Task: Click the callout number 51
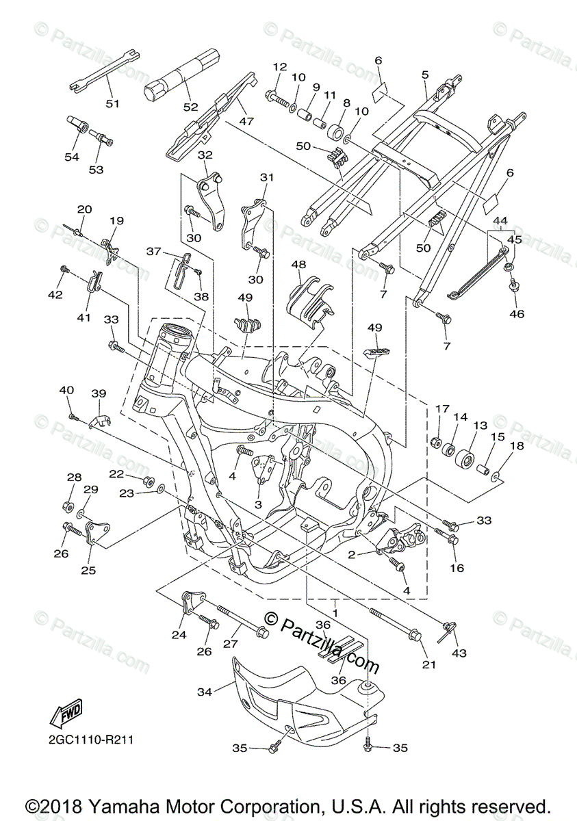click(112, 104)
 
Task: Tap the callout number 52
click(190, 107)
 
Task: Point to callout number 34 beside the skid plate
click(205, 693)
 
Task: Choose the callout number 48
click(298, 264)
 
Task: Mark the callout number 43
click(459, 653)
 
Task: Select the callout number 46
click(517, 314)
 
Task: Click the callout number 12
click(279, 67)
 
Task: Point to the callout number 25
click(89, 569)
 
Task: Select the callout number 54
click(72, 157)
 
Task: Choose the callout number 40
click(66, 390)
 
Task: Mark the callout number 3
click(258, 504)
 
